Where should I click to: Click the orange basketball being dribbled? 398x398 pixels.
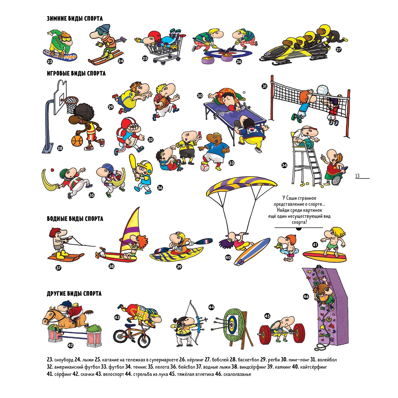pos(77,141)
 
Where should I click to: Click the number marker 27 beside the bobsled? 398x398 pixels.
pos(339,49)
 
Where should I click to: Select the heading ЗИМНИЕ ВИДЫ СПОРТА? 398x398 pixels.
pos(75,19)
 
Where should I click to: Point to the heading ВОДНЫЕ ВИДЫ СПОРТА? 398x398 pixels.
pos(75,219)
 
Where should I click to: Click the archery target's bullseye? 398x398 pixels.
pos(232,324)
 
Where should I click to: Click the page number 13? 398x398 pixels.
pos(357,176)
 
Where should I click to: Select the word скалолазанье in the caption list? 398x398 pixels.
pos(237,374)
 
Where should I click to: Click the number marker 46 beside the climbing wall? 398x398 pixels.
pos(306,296)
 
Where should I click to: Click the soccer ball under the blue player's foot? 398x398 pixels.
pos(205,167)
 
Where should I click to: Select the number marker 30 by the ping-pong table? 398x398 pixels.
pos(200,96)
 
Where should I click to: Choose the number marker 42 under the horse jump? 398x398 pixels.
pos(70,345)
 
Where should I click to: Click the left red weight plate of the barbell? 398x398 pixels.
pos(265,335)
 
